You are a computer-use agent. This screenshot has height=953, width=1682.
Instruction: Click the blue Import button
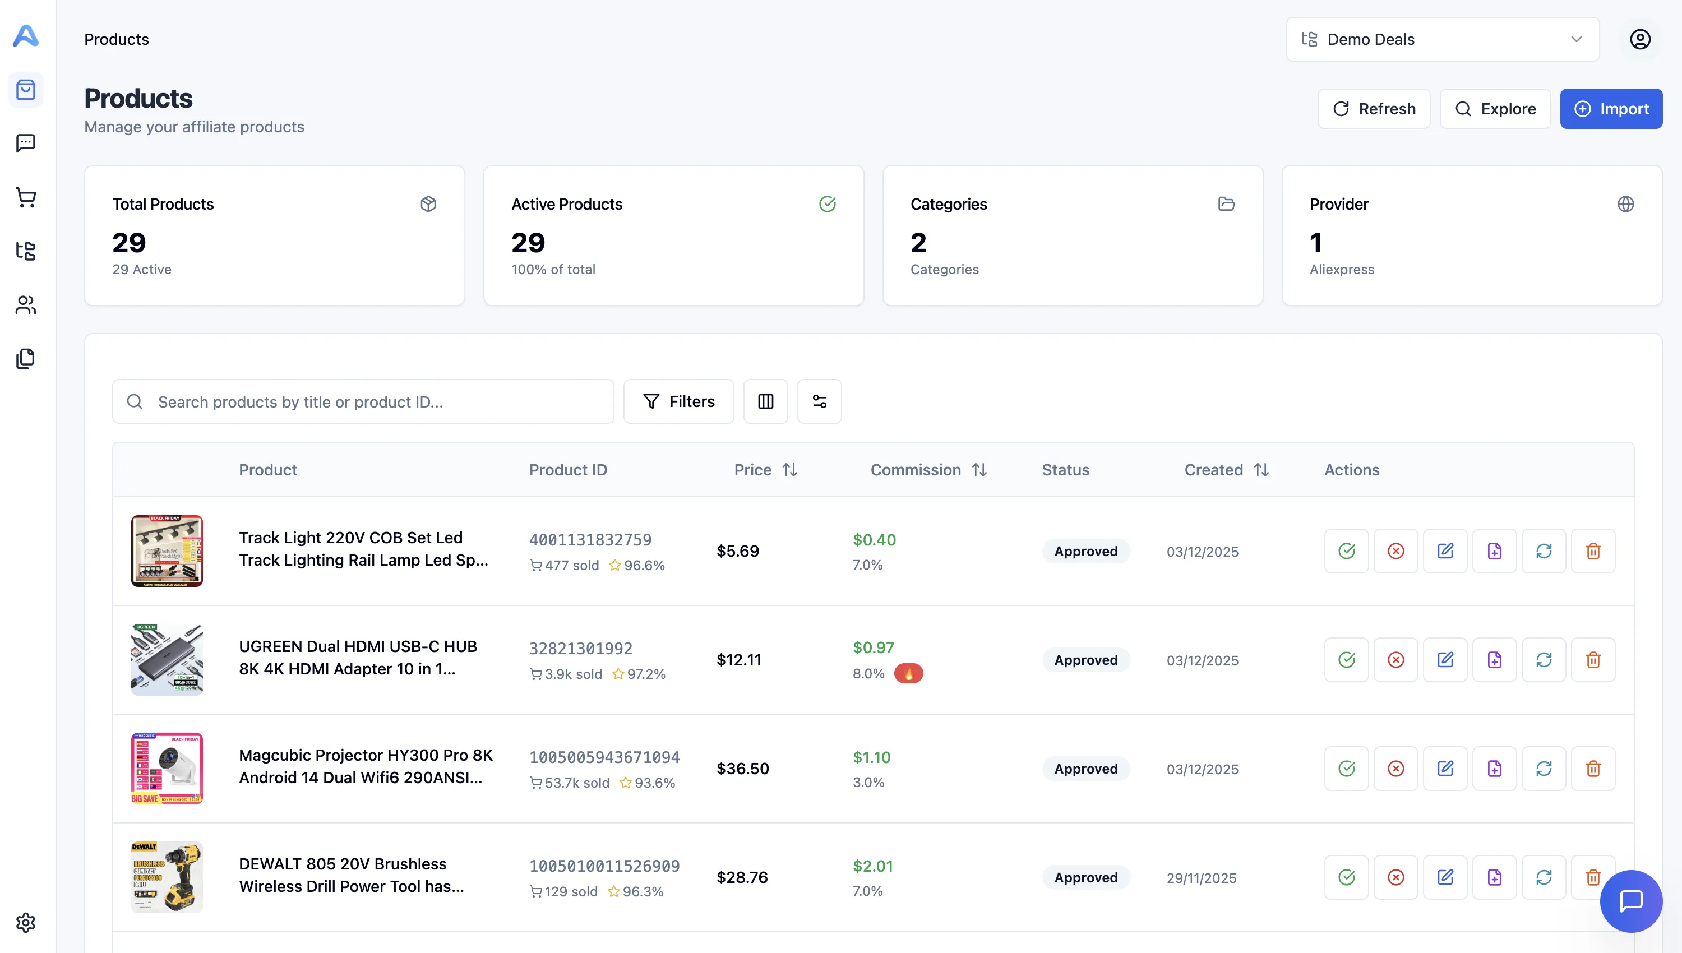[x=1610, y=109]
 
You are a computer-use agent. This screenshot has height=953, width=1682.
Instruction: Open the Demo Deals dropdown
[x=1442, y=39]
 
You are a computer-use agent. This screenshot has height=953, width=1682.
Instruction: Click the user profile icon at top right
[x=1639, y=39]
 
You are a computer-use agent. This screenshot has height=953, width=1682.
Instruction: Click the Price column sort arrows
[x=790, y=470]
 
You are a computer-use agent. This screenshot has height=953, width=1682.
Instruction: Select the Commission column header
[x=915, y=470]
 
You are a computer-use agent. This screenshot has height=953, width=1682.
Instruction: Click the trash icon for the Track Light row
[x=1592, y=551]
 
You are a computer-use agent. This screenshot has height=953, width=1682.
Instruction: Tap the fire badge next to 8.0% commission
[x=908, y=673]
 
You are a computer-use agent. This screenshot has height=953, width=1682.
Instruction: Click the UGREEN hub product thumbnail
[x=167, y=660]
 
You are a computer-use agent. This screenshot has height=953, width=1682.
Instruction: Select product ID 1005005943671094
[x=604, y=757]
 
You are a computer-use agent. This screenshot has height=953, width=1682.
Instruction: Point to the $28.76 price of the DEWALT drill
[x=742, y=877]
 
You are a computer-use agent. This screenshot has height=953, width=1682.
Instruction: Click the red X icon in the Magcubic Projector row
[x=1395, y=769]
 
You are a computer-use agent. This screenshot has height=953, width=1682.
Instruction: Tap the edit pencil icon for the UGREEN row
[x=1444, y=660]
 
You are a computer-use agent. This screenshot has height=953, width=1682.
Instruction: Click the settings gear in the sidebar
[x=26, y=922]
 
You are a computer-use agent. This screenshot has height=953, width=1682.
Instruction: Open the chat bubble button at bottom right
[x=1630, y=901]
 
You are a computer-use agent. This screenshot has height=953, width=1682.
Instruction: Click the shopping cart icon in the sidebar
[x=26, y=197]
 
